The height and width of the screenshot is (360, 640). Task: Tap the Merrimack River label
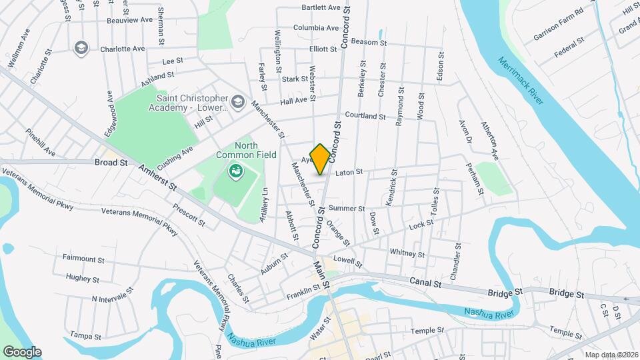521,79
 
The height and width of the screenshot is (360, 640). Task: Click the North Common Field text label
236,150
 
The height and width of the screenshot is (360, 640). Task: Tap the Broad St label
106,162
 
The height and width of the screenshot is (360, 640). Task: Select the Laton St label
349,173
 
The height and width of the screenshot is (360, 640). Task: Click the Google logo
22,352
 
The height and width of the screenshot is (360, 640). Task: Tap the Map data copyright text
609,355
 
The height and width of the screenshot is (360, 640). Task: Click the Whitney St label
407,253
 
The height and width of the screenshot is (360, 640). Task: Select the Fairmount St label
83,258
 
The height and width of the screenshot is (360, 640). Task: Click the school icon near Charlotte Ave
81,48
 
